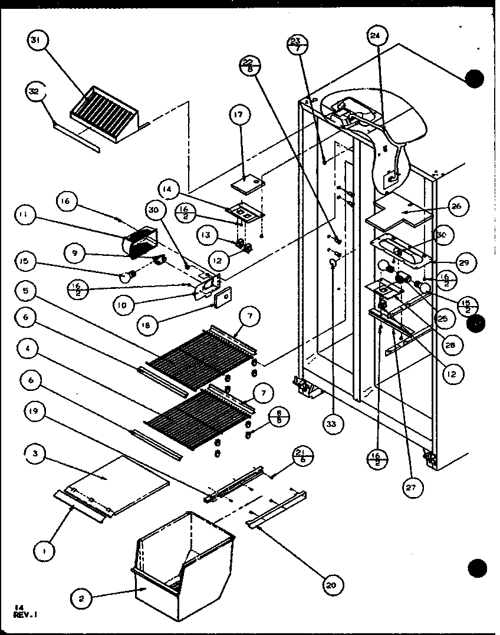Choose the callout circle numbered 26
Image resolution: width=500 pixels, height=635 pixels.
point(458,206)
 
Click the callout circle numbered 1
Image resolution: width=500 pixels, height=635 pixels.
point(45,551)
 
